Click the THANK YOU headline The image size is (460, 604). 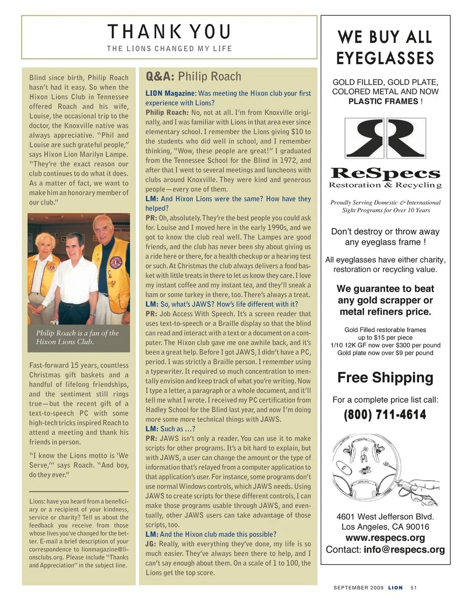(169, 32)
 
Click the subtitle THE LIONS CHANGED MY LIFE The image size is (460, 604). (169, 48)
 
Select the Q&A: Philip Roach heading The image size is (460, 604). (193, 77)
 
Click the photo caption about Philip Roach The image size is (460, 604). (77, 337)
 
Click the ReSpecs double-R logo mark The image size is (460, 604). (385, 139)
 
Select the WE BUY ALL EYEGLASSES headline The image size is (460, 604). (385, 47)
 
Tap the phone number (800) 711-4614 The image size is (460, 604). (385, 415)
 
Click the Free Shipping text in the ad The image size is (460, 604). (385, 378)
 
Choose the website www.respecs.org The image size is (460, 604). (385, 538)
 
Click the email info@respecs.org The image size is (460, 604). (404, 549)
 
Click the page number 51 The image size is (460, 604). (414, 588)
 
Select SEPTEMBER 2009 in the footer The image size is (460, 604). (358, 588)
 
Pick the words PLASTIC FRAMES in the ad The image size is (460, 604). (383, 101)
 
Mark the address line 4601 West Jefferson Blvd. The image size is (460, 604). (385, 516)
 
